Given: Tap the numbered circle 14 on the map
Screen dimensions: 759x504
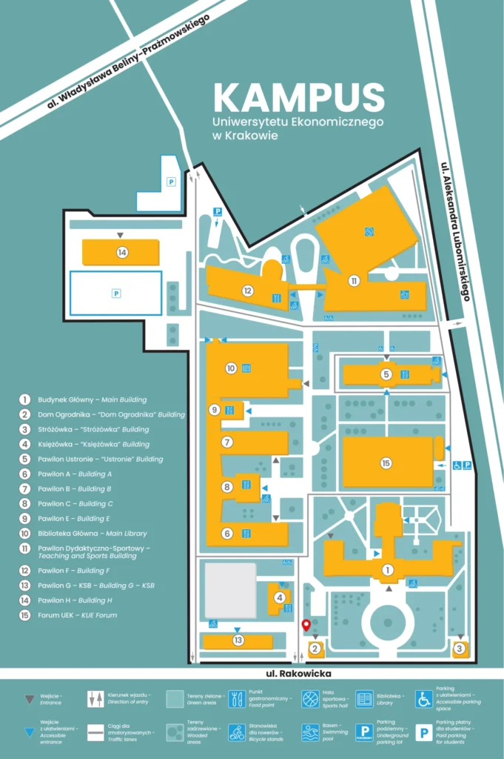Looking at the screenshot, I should [122, 253].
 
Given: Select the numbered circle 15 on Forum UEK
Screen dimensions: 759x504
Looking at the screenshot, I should [386, 463].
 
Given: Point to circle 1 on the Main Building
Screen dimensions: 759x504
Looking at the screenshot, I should [386, 570].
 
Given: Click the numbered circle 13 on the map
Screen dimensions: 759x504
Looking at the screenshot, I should [238, 640].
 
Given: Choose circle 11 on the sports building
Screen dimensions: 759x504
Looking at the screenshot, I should [355, 281].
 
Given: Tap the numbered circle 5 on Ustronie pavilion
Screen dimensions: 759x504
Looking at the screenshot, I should [386, 374].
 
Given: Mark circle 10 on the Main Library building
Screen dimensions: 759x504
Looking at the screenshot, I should [231, 368].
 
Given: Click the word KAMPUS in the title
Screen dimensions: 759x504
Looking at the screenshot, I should [299, 98].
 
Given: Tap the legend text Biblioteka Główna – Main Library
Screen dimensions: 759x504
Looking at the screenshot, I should [93, 533].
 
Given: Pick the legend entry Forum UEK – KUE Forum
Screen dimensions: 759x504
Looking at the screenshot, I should [77, 615].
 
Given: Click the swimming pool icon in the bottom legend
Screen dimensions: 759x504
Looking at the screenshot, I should [310, 732].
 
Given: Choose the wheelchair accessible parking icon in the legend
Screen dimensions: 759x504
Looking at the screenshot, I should [423, 699].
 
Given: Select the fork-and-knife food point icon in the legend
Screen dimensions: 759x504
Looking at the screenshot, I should [237, 699].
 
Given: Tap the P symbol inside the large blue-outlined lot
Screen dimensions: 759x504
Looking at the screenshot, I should [115, 294].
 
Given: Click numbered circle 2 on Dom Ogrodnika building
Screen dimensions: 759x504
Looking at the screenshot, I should [315, 649].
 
